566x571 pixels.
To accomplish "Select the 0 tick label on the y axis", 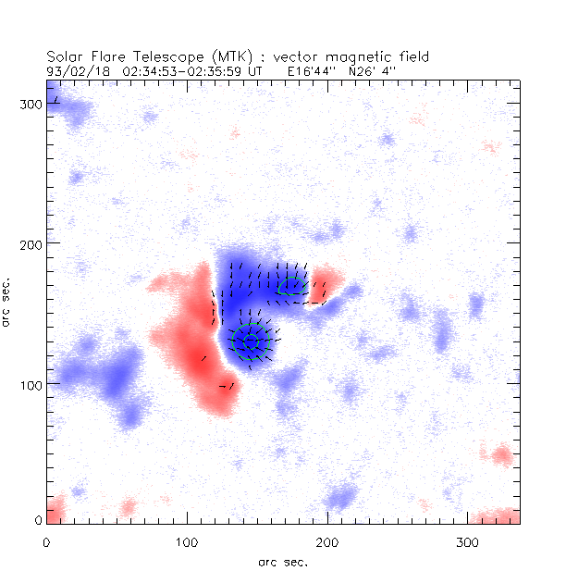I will click(x=37, y=522).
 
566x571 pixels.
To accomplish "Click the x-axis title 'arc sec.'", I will click(x=282, y=561).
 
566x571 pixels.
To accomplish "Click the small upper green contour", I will click(x=290, y=287).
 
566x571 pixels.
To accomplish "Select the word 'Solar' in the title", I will click(x=68, y=56).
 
